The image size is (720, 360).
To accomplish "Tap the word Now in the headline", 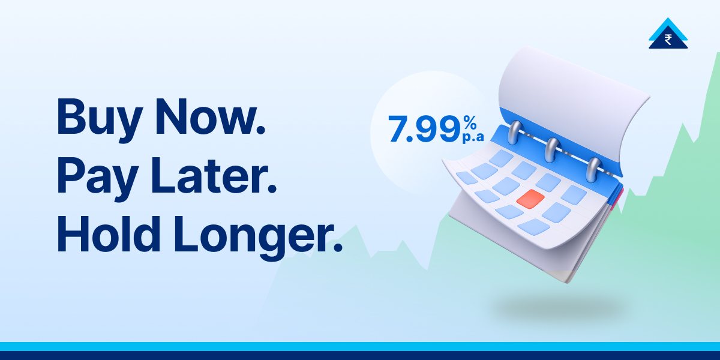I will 205,117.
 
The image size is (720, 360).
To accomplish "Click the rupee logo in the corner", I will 668,36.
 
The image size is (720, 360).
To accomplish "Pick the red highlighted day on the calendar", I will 530,199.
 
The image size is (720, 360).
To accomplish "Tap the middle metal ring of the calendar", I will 551,149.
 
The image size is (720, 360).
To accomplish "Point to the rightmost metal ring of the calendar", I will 593,169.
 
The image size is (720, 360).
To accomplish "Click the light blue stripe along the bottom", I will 360,346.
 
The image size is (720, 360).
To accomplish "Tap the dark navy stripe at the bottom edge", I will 360,356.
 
